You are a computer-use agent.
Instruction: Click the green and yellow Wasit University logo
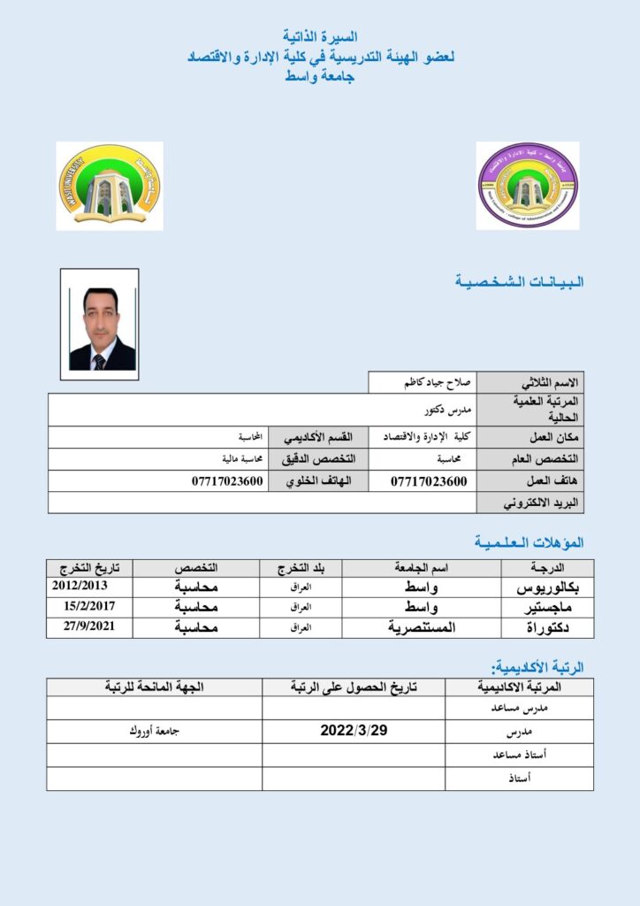click(110, 186)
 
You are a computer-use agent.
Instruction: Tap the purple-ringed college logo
click(528, 186)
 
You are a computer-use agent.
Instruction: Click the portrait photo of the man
click(100, 326)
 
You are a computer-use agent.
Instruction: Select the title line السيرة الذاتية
click(320, 36)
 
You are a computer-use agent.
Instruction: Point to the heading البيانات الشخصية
click(520, 282)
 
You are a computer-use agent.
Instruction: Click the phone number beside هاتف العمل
click(429, 481)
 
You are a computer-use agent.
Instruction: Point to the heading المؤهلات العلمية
click(529, 541)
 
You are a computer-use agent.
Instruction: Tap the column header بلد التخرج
click(301, 567)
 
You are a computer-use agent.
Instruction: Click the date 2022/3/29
click(354, 732)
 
